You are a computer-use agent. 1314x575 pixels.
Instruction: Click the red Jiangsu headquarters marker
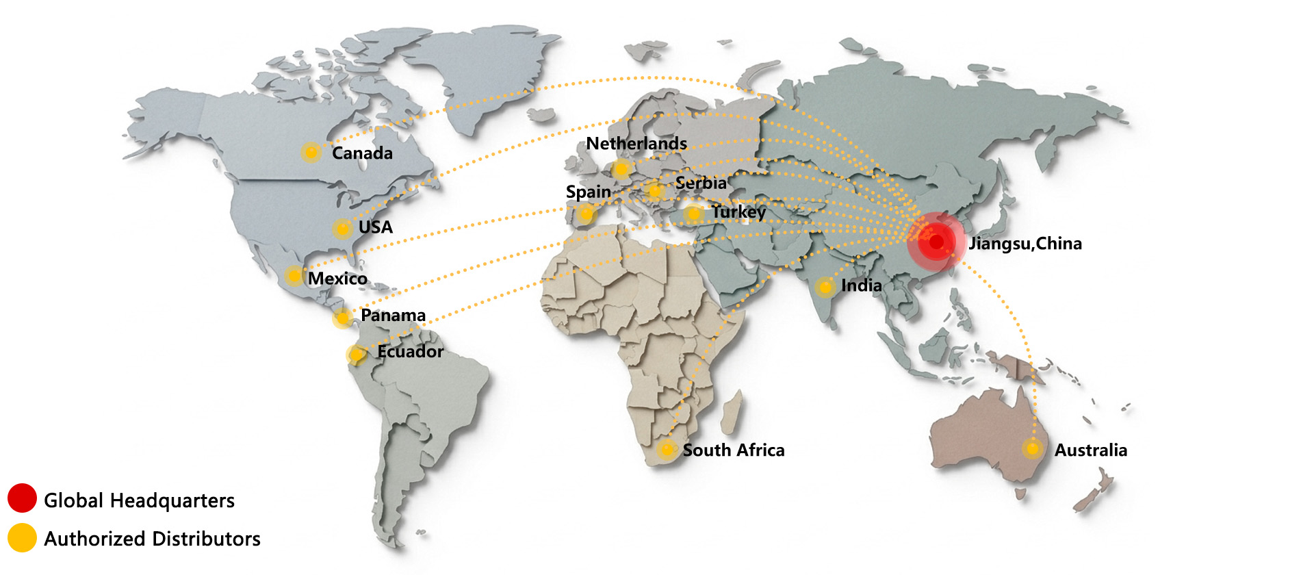(x=936, y=242)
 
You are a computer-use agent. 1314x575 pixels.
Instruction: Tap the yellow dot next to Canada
(x=311, y=152)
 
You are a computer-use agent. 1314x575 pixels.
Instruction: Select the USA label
(x=376, y=227)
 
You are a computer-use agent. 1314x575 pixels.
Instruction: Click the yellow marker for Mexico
(x=294, y=276)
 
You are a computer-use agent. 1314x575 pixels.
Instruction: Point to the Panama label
(x=393, y=316)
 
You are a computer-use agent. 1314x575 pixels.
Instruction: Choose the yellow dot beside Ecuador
(x=356, y=355)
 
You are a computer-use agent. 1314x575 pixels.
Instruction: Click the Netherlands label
(x=636, y=144)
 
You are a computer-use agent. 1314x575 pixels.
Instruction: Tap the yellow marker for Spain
(x=586, y=215)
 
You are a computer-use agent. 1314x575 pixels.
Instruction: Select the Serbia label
(x=701, y=183)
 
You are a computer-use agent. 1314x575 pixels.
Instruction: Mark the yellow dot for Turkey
(x=693, y=214)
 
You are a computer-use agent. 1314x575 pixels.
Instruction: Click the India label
(x=861, y=285)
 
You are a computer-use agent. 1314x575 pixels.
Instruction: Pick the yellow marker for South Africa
(x=667, y=449)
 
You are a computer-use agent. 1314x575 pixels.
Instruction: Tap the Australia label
(x=1090, y=450)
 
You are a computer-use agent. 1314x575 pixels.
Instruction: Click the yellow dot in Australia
(x=1033, y=449)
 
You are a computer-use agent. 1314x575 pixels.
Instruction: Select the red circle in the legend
(x=22, y=498)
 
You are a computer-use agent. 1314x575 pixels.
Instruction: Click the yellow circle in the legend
(x=22, y=538)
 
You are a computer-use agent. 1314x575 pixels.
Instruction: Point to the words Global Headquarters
(x=139, y=500)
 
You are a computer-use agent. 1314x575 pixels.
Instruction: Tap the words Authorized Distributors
(x=152, y=539)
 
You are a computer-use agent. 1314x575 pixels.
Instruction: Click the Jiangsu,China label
(x=1025, y=244)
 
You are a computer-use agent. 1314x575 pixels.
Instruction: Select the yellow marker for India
(x=825, y=287)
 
